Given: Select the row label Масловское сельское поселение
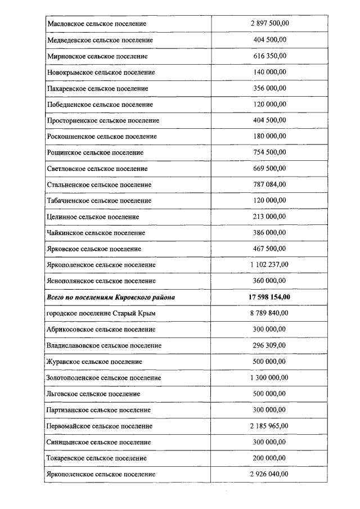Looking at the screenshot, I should click(x=97, y=24).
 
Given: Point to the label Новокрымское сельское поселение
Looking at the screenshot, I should click(x=101, y=73).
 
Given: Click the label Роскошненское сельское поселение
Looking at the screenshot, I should click(x=102, y=137).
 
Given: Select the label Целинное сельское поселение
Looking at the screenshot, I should click(x=93, y=217).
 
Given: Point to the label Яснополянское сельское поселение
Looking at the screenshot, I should click(x=101, y=281).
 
